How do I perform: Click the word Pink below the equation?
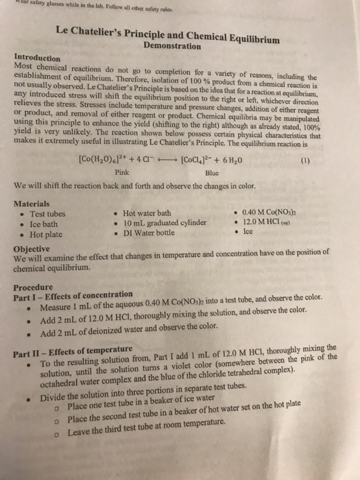(123, 174)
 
